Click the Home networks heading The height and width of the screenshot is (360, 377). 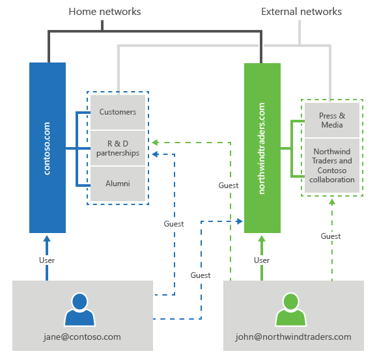point(105,12)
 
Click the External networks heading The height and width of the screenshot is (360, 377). point(301,12)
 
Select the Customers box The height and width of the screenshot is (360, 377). point(118,112)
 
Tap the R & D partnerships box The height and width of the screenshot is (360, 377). point(118,148)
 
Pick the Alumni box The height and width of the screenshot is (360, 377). point(118,184)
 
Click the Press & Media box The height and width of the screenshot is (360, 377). point(332,120)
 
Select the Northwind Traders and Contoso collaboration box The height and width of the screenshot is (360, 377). point(332,165)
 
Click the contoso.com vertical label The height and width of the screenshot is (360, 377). point(47,148)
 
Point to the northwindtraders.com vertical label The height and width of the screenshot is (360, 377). point(262,148)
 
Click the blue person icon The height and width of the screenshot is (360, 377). point(79,309)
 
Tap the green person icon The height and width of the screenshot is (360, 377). point(290,309)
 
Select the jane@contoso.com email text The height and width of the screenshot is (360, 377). point(82,337)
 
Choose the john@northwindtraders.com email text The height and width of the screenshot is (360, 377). point(293,337)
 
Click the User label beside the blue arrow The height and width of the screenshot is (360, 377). point(47,260)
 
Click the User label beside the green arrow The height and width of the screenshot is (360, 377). point(262,260)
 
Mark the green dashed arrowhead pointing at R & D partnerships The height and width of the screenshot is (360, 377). point(155,143)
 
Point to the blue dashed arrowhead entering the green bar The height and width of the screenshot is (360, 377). point(239,221)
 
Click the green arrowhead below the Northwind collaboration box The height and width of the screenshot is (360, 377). point(332,202)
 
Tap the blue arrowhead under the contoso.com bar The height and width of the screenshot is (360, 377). point(47,239)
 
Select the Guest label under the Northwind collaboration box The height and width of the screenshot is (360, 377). point(331,236)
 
